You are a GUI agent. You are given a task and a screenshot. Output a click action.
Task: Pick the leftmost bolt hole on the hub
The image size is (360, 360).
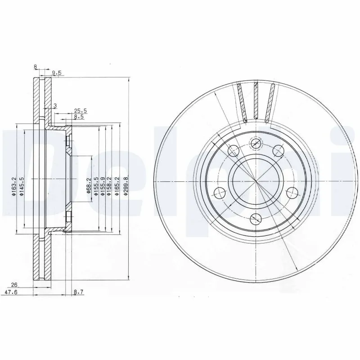[220, 193]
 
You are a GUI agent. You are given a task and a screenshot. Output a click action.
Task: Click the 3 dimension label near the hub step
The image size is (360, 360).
[55, 106]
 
